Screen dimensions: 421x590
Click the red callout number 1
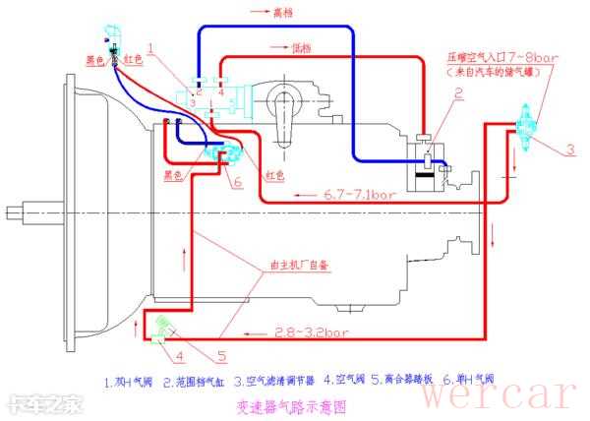tap(150, 46)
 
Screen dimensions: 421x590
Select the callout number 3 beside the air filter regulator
tap(568, 150)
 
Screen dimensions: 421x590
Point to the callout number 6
tap(237, 182)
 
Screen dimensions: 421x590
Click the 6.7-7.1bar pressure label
tap(359, 194)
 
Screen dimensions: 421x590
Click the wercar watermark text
tap(500, 392)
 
